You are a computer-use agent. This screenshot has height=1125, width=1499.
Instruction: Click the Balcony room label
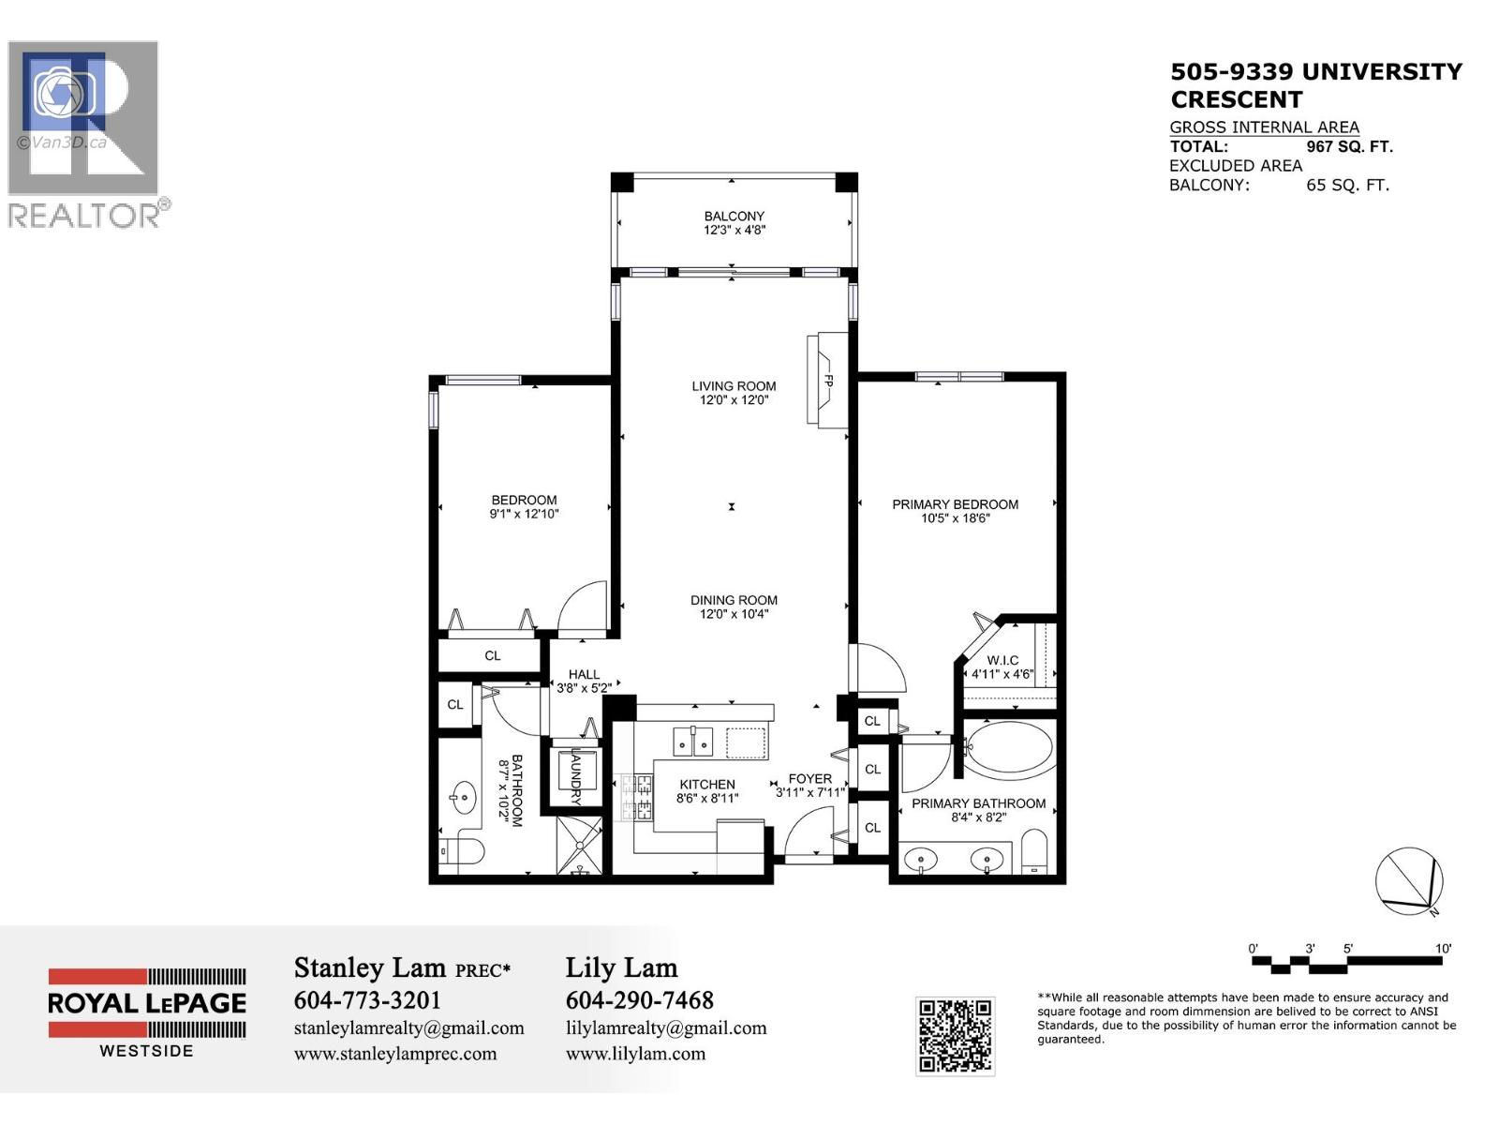(735, 217)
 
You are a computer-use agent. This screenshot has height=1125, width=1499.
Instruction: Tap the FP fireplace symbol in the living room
(828, 382)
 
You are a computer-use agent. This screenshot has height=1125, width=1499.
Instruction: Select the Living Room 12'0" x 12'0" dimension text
(734, 400)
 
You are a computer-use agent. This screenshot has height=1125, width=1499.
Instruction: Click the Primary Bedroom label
(955, 504)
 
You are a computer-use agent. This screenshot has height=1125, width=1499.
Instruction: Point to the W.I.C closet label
(1002, 661)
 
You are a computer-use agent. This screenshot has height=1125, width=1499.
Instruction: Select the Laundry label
(575, 777)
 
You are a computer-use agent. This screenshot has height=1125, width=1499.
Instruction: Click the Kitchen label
(707, 785)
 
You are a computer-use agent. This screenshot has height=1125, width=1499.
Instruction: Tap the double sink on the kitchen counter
(693, 742)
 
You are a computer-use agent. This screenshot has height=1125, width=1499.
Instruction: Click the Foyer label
(809, 779)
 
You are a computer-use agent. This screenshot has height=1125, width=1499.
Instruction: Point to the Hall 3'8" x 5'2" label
(584, 681)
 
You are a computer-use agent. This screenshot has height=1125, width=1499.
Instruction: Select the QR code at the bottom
(955, 1035)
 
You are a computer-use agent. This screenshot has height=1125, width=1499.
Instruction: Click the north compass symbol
(1409, 881)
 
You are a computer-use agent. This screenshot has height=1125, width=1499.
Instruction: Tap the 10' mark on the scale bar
(1444, 949)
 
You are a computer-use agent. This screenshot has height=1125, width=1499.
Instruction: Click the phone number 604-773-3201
(367, 1000)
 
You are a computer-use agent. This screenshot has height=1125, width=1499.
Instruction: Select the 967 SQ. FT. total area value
(1349, 147)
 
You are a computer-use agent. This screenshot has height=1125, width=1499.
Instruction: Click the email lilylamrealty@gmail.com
(666, 1028)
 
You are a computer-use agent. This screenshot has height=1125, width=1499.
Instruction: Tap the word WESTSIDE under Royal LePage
(147, 1051)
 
